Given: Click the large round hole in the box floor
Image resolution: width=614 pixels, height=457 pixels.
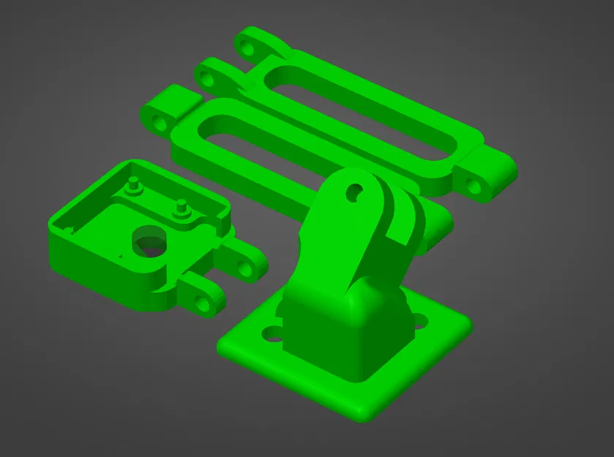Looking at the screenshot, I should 149,241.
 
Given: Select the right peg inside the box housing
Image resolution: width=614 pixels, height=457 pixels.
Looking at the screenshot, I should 180,208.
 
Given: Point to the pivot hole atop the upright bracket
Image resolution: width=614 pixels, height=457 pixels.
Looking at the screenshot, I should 353,192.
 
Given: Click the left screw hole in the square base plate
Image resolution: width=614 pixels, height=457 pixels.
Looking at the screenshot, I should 272,335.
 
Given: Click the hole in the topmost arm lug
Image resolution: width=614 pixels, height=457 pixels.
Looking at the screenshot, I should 247,49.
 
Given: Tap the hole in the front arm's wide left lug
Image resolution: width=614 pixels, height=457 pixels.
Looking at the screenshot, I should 157,122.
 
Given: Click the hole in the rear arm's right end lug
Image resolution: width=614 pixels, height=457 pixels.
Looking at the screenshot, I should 475,186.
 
